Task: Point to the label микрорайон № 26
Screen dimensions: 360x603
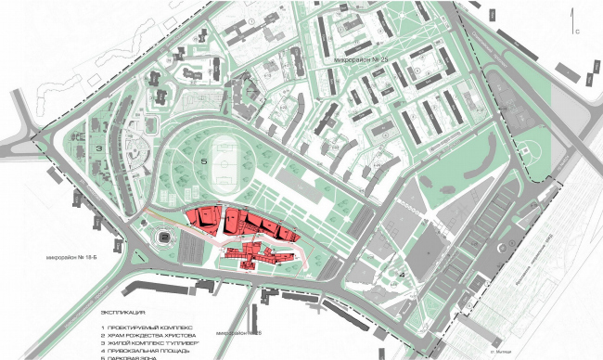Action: point(238,333)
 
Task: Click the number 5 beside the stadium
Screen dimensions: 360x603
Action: point(202,161)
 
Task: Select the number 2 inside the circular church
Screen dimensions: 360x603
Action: point(163,238)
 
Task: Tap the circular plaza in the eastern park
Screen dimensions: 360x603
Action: point(526,148)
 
